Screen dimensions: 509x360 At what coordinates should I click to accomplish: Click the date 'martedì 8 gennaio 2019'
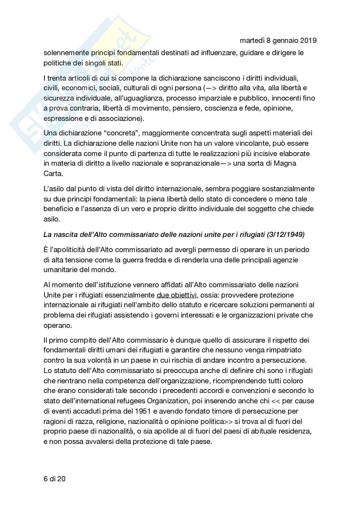pyautogui.click(x=278, y=40)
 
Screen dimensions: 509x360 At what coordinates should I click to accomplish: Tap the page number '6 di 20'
pyautogui.click(x=55, y=479)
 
